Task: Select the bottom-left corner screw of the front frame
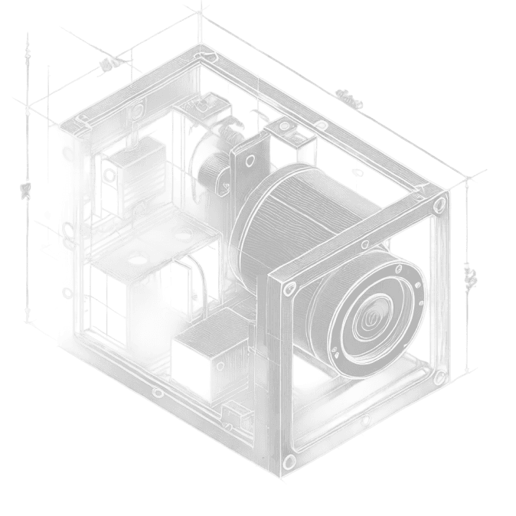pos(289,460)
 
